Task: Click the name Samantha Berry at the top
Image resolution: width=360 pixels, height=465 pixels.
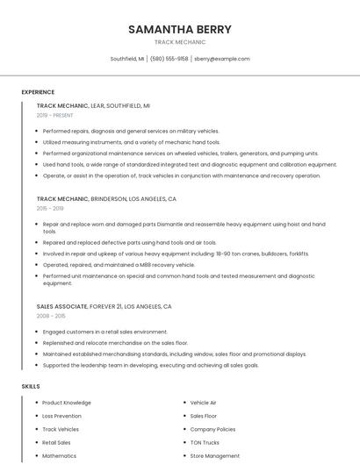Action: point(180,29)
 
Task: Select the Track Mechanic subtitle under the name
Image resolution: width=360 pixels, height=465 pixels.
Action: point(180,42)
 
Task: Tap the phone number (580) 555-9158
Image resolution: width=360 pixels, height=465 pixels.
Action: point(169,59)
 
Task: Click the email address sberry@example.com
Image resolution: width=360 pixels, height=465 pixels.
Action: point(222,59)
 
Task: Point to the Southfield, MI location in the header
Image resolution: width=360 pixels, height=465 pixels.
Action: point(127,59)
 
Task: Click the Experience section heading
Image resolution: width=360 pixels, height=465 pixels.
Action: point(38,92)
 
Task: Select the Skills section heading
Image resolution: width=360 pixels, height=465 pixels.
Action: point(31,386)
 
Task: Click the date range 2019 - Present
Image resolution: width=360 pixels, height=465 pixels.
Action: point(55,115)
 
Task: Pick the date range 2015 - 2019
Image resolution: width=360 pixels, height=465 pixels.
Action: point(50,209)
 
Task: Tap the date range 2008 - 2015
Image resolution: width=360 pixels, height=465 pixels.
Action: point(51,316)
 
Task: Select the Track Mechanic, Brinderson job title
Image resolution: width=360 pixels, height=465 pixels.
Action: point(106,199)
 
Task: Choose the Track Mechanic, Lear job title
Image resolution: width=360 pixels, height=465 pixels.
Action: point(93,105)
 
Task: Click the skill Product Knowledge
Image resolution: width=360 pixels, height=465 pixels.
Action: point(67,403)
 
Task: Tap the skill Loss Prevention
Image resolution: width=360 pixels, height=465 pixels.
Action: point(61,416)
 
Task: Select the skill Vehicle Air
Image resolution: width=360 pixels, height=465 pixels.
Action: point(203,403)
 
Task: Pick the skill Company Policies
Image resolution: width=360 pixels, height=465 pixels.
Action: point(212,429)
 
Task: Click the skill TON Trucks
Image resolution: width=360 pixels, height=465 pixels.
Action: point(205,443)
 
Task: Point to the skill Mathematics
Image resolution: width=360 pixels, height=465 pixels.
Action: point(60,456)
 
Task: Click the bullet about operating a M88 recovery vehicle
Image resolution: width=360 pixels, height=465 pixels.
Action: point(119,265)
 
